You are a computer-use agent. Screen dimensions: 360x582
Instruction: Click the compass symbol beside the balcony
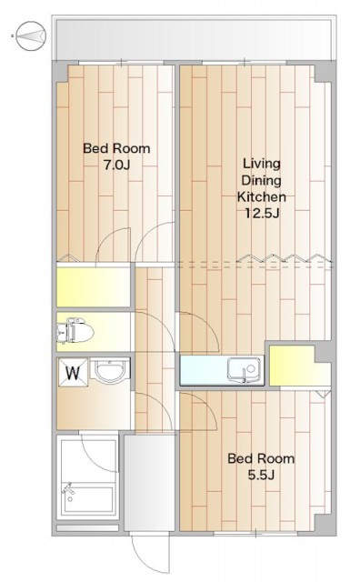pyautogui.click(x=31, y=35)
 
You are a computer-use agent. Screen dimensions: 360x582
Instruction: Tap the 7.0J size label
pyautogui.click(x=116, y=165)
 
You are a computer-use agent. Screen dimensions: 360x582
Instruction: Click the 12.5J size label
pyautogui.click(x=261, y=213)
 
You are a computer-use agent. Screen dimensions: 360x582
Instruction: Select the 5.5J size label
pyautogui.click(x=261, y=475)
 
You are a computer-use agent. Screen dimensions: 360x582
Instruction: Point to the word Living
pyautogui.click(x=261, y=164)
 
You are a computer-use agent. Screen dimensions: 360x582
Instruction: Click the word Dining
pyautogui.click(x=261, y=180)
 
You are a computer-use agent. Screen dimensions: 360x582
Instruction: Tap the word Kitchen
pyautogui.click(x=261, y=196)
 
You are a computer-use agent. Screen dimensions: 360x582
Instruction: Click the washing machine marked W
pyautogui.click(x=73, y=372)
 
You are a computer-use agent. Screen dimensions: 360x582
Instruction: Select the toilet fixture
pyautogui.click(x=75, y=330)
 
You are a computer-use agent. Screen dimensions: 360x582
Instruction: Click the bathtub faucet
pyautogui.click(x=69, y=489)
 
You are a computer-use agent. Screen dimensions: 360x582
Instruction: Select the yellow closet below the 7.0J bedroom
pyautogui.click(x=93, y=287)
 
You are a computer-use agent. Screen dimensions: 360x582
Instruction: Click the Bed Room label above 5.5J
pyautogui.click(x=261, y=458)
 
